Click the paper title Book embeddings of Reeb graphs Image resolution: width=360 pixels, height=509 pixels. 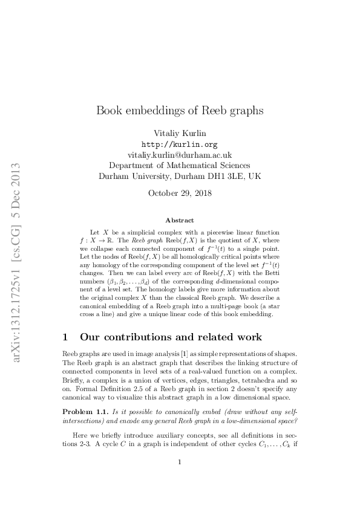point(180,111)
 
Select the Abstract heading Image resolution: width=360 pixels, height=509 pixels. point(180,221)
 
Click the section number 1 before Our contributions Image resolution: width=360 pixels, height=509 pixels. point(67,336)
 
